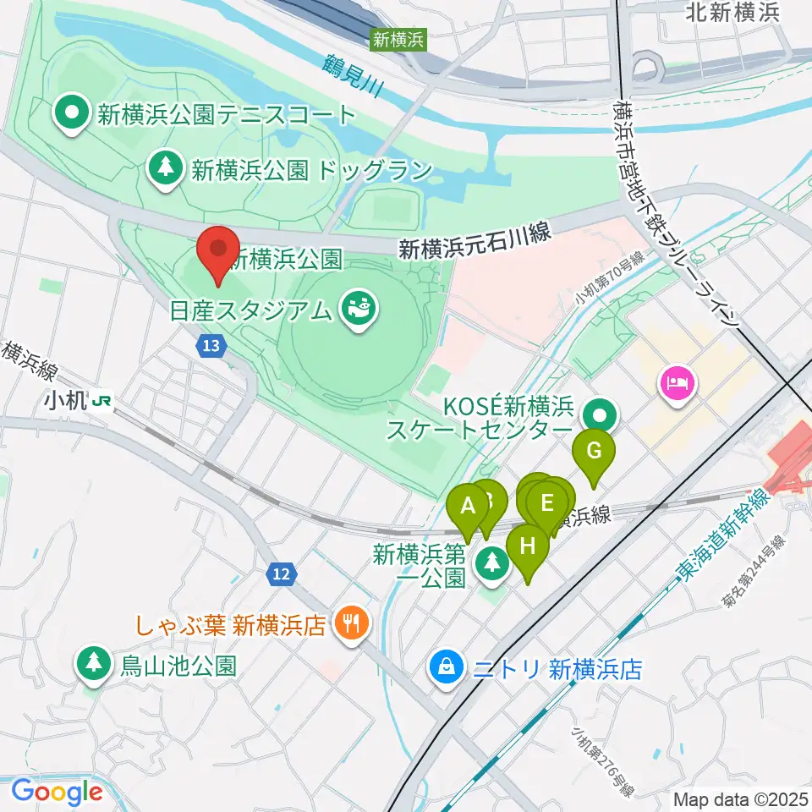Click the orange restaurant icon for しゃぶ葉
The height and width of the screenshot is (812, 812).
349,625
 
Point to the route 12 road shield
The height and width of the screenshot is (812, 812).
282,574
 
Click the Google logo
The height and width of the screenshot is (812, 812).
57,792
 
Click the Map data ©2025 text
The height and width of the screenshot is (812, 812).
741,798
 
